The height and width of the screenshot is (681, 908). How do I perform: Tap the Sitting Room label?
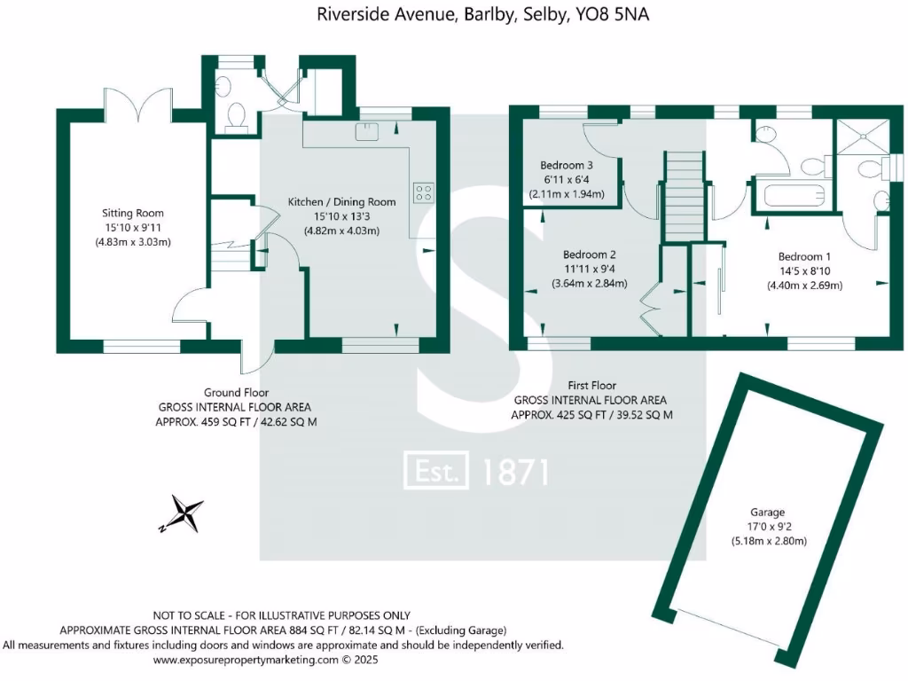(133, 213)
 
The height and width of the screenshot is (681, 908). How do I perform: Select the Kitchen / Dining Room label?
(341, 202)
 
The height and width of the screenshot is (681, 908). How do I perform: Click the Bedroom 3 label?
(567, 166)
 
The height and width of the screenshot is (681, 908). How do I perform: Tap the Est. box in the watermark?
(436, 471)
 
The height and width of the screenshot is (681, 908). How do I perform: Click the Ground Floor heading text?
(236, 393)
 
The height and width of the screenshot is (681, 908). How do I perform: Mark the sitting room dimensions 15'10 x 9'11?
(133, 228)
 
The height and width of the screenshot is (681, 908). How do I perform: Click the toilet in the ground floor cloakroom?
(237, 116)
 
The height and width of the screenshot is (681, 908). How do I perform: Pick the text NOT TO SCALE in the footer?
(192, 615)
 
